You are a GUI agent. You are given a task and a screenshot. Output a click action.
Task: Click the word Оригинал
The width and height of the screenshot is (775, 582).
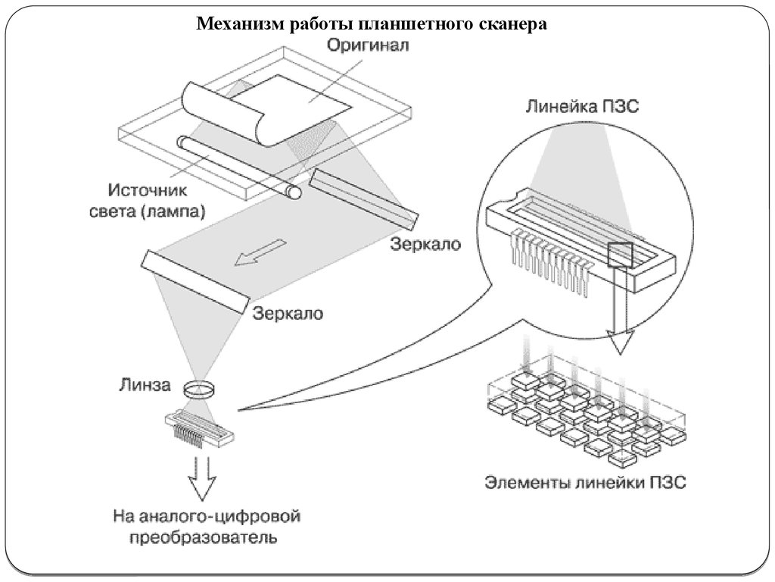(368, 45)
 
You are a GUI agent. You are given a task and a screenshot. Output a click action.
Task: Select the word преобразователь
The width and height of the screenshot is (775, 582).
(203, 540)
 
